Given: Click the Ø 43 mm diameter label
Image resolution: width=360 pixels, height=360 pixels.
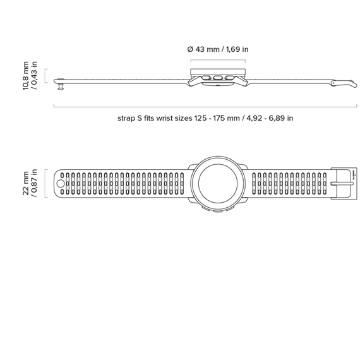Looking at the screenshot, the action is (203, 49).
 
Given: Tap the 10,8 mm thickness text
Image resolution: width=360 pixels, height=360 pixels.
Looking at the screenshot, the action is (25, 76).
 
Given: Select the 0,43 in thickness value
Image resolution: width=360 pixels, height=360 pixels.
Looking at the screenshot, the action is (33, 76).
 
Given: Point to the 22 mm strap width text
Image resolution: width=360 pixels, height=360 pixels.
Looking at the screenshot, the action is (25, 183).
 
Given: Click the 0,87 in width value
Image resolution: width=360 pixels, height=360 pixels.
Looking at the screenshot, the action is (33, 183).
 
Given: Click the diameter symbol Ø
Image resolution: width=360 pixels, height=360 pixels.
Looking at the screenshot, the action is (190, 49).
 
